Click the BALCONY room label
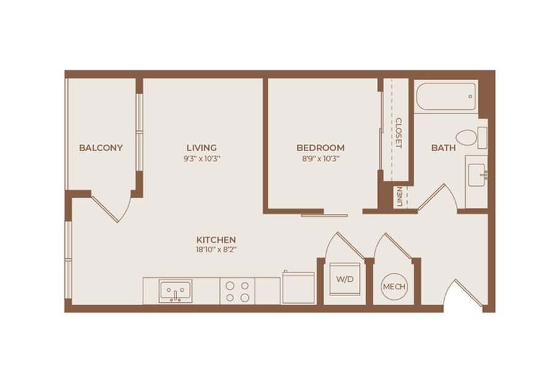pyautogui.click(x=101, y=148)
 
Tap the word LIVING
pyautogui.click(x=202, y=148)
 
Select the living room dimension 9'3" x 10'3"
pyautogui.click(x=202, y=158)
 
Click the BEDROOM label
pyautogui.click(x=320, y=148)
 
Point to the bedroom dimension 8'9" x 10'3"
pyautogui.click(x=320, y=158)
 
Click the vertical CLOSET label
pyautogui.click(x=398, y=133)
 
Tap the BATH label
pyautogui.click(x=444, y=148)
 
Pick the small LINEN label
pyautogui.click(x=400, y=197)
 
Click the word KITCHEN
pyautogui.click(x=216, y=239)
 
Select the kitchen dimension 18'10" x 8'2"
pyautogui.click(x=216, y=250)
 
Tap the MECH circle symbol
pyautogui.click(x=394, y=287)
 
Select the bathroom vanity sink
pyautogui.click(x=476, y=174)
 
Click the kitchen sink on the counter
pyautogui.click(x=175, y=290)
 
